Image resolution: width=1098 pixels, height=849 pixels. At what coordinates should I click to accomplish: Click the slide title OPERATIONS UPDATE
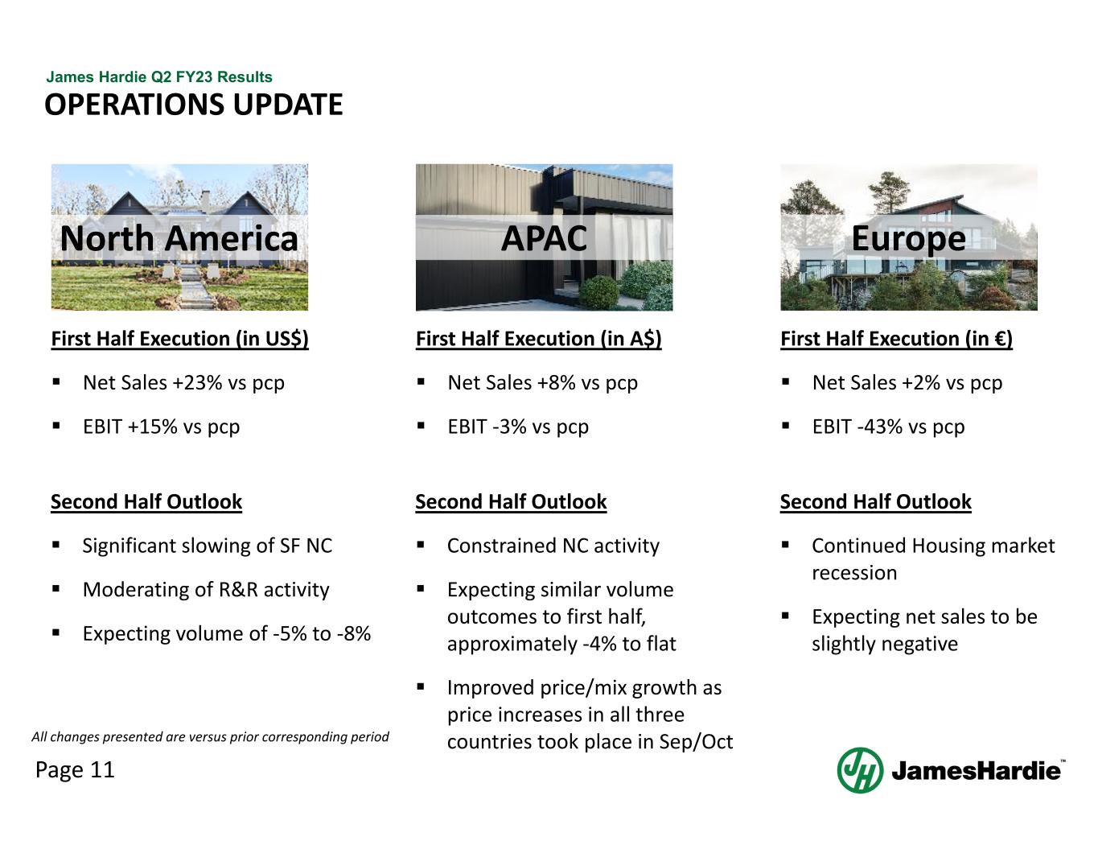coord(193,105)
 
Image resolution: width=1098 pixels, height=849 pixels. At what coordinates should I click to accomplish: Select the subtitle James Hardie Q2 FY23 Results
coord(159,77)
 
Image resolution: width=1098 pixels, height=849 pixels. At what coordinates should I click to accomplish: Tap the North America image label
coord(179,238)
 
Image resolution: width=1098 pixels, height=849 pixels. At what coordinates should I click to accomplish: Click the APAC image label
coord(544,238)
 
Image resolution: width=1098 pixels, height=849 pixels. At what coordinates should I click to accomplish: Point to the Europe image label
coord(908,238)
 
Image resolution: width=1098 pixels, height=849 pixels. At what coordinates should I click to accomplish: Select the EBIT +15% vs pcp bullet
coord(161,427)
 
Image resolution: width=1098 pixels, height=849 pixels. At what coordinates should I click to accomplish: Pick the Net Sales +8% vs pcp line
coord(542,383)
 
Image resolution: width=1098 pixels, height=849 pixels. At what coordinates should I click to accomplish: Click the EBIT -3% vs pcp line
coord(518,427)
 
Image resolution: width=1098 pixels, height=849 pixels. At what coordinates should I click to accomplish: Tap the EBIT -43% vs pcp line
coord(888,427)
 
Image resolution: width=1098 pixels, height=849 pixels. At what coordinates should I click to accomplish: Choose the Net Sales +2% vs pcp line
coord(907,383)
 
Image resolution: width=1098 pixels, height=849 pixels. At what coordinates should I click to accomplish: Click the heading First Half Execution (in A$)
coord(538,339)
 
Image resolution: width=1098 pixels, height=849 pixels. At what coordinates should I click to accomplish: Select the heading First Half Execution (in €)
coord(896,339)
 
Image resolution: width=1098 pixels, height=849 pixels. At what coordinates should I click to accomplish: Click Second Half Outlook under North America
coord(146,502)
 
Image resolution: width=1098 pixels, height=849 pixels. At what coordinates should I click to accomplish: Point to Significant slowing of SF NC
coord(207,546)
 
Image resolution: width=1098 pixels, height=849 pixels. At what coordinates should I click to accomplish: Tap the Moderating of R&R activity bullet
coord(206,590)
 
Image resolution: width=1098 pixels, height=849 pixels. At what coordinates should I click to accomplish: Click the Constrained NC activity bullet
coord(553,546)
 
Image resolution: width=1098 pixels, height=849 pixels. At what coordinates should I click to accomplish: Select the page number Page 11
coord(75,770)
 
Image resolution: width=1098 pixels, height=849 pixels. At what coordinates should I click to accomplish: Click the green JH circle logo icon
coord(860,770)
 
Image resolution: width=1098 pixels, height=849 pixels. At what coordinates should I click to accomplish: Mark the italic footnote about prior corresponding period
coord(210,737)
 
